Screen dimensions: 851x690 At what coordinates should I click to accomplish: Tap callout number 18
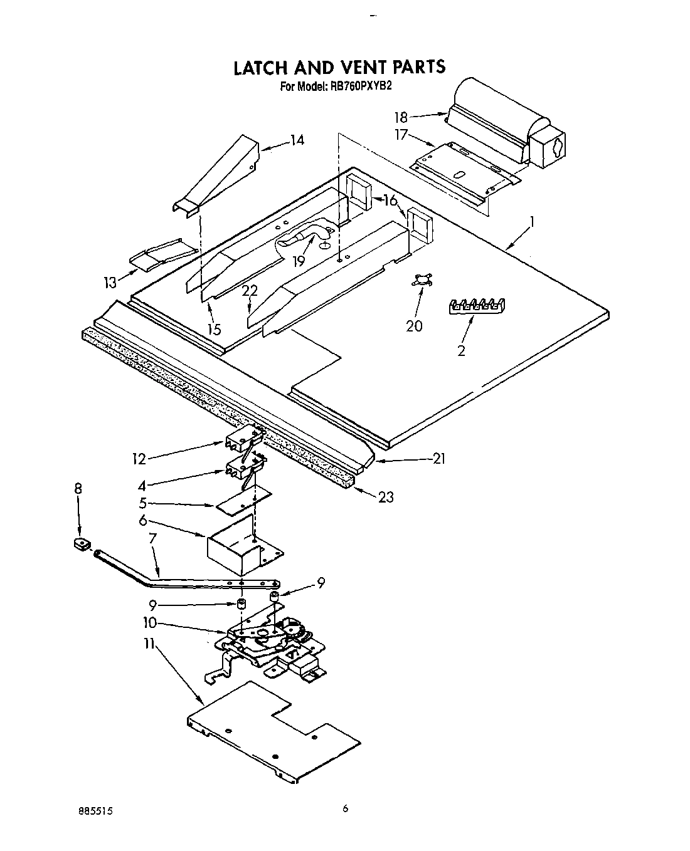tap(401, 117)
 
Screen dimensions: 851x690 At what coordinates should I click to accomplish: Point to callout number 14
tap(297, 140)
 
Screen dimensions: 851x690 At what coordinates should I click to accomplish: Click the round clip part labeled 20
tap(418, 281)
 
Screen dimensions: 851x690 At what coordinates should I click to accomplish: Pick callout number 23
tap(386, 497)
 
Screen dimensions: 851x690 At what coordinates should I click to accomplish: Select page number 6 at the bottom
tap(345, 809)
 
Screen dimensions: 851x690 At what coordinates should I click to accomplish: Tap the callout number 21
tap(439, 459)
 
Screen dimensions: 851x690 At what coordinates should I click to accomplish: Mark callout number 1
tap(532, 221)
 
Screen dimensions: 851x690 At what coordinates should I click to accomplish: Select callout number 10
tap(149, 624)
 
